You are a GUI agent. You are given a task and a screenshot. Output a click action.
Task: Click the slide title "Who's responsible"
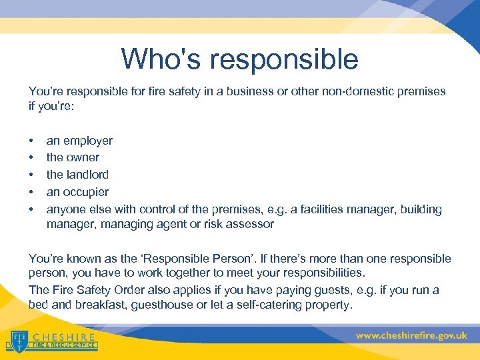pyautogui.click(x=239, y=59)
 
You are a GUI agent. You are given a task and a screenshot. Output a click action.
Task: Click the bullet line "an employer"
pyautogui.click(x=79, y=141)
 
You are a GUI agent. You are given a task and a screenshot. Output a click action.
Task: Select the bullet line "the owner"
pyautogui.click(x=73, y=157)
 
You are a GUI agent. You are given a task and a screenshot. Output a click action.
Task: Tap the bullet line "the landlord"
pyautogui.click(x=77, y=175)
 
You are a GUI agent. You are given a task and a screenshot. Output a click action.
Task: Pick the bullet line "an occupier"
pyautogui.click(x=77, y=192)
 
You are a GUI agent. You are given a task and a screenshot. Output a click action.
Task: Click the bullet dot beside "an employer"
pyautogui.click(x=31, y=141)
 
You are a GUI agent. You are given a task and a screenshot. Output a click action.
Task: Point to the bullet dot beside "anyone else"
pyautogui.click(x=31, y=209)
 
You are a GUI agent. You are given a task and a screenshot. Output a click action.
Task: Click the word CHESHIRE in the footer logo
pyautogui.click(x=64, y=337)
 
